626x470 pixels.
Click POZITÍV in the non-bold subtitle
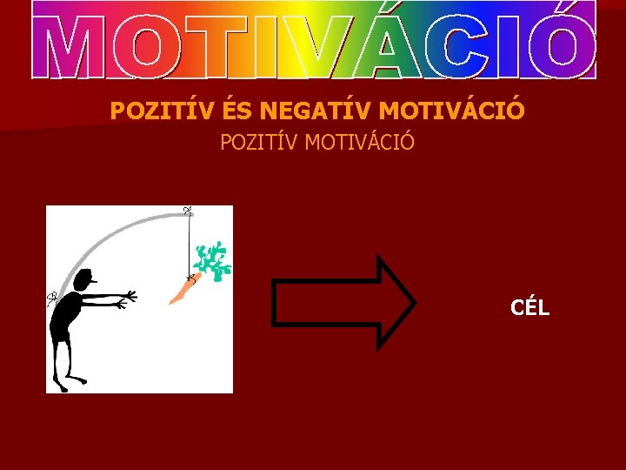coord(259,141)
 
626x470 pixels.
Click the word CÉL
coord(529,307)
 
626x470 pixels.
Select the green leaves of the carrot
coord(212,260)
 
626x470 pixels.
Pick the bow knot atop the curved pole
coord(187,211)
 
